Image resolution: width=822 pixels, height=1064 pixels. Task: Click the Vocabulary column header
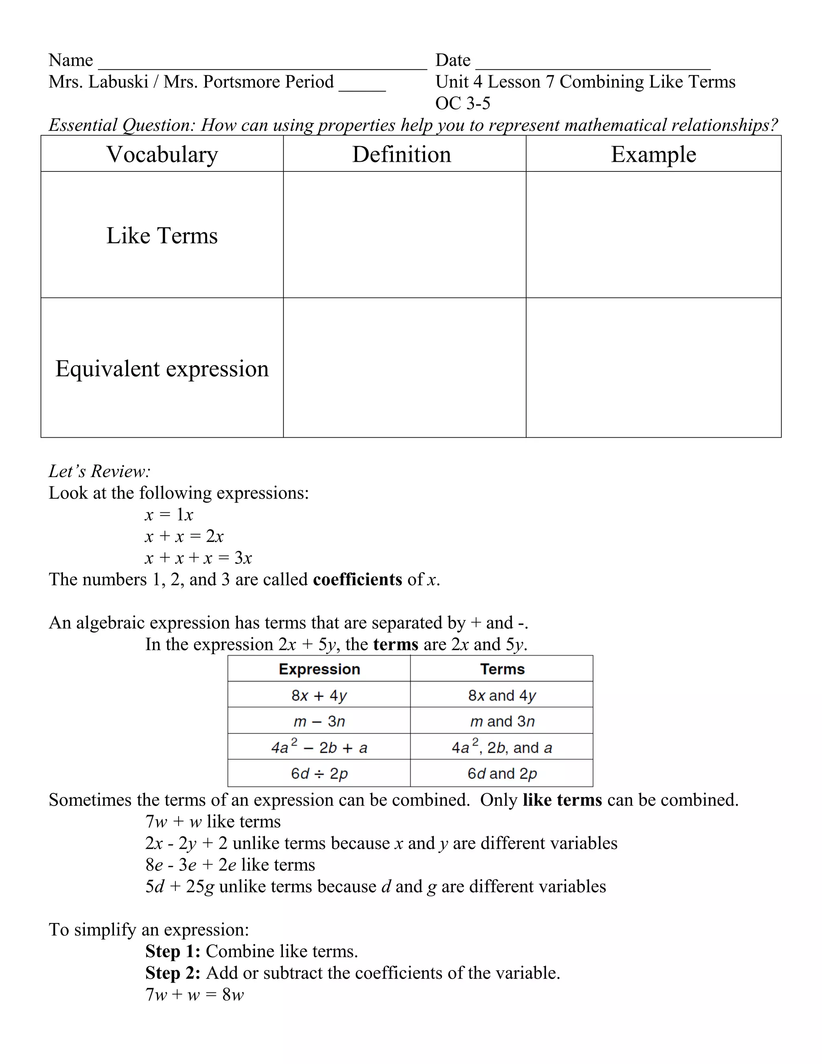tap(162, 155)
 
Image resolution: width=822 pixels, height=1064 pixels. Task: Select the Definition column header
tap(402, 155)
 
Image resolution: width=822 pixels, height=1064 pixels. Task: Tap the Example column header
tap(653, 155)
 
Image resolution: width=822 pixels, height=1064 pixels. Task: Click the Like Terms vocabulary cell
tap(162, 236)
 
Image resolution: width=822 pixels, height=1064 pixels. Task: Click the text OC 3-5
tap(463, 103)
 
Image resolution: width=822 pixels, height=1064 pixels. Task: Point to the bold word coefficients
tap(358, 580)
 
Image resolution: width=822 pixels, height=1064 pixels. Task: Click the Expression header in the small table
tap(319, 669)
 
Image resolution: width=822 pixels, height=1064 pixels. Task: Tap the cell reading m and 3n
tap(502, 722)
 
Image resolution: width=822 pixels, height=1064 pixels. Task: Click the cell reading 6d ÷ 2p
tap(319, 774)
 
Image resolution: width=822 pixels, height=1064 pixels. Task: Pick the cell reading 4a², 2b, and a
tap(502, 747)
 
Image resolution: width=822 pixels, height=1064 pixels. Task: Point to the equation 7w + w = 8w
tap(194, 994)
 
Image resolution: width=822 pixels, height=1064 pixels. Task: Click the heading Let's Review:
tap(100, 471)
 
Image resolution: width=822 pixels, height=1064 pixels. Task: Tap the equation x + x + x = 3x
tap(198, 558)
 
